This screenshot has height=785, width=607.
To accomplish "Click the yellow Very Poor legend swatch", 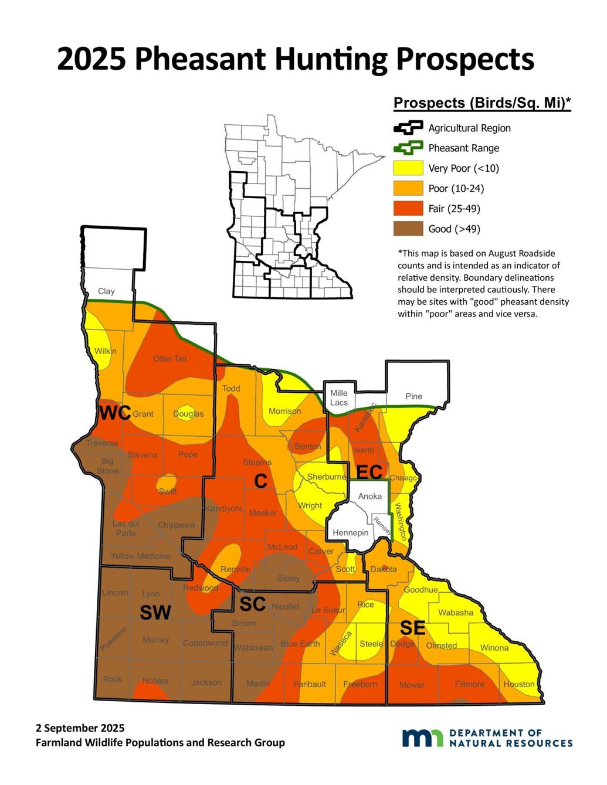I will coord(408,168).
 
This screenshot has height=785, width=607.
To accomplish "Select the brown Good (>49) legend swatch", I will coord(408,229).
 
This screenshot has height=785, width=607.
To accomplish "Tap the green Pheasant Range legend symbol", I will coord(408,148).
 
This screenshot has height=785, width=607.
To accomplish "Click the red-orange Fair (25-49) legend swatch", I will coord(408,208).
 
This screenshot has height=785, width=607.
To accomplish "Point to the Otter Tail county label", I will coord(169,359).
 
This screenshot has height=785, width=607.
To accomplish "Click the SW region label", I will coord(155,613).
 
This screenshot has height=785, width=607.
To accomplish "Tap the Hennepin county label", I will coord(351,533).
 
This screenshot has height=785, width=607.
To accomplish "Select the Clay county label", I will coord(106,291).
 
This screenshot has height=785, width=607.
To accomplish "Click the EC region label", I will coord(369,471).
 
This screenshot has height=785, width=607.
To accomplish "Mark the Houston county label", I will coord(519,684).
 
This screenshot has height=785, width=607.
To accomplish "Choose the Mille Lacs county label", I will coord(339,398).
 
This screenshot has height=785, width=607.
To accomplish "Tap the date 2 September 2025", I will coord(80,728).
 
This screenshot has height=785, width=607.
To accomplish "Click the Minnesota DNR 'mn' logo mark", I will coord(422,738).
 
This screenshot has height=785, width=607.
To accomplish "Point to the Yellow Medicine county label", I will coord(141,556).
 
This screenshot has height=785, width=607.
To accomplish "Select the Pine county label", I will coord(413,396).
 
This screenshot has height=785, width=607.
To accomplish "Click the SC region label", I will coord(253,603).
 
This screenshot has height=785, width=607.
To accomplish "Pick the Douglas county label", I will coord(188,414).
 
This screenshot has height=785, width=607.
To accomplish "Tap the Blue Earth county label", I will coord(300,644).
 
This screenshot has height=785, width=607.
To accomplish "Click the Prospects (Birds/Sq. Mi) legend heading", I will coord(481,103).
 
